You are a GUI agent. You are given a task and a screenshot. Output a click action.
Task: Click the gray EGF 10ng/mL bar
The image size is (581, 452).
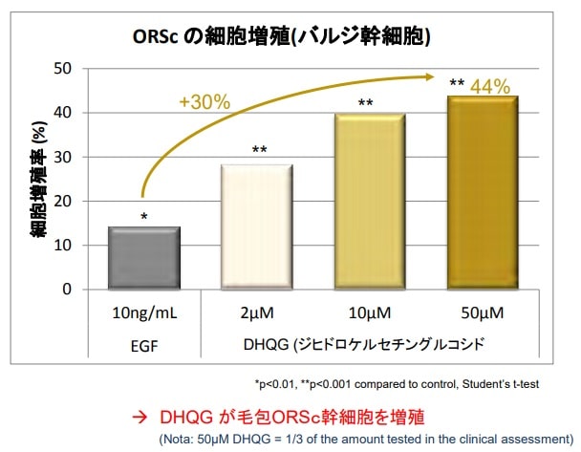143,257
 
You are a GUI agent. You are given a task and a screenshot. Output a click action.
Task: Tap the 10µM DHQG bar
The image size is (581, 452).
369,201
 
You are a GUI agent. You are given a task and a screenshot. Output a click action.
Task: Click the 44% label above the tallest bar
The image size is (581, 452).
490,87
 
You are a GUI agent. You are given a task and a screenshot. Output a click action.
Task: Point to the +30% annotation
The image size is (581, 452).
204,102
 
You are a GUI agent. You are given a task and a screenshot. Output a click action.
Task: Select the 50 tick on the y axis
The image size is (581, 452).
63,69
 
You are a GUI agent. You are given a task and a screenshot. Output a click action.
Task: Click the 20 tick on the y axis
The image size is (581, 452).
63,201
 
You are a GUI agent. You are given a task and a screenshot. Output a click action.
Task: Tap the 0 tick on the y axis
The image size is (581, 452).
67,289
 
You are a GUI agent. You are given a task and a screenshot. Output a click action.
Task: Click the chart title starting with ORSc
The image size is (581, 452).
281,37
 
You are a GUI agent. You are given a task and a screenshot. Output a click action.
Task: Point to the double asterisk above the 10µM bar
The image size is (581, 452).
365,103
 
